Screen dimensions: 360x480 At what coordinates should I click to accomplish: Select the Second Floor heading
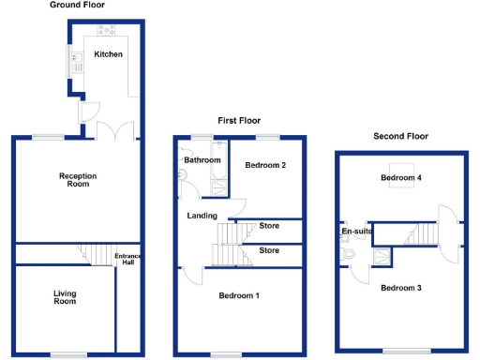click(x=400, y=136)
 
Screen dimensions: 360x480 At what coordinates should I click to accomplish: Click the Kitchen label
click(x=109, y=54)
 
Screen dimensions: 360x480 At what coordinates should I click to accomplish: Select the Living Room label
click(x=64, y=297)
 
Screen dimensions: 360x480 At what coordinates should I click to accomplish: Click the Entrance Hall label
click(x=126, y=260)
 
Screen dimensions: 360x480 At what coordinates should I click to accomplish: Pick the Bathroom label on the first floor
click(x=202, y=160)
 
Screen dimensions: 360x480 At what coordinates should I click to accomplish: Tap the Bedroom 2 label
click(x=265, y=165)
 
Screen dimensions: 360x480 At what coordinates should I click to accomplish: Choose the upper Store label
click(x=269, y=226)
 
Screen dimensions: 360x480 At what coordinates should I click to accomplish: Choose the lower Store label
click(x=269, y=250)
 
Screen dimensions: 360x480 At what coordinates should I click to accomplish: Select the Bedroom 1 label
click(x=239, y=295)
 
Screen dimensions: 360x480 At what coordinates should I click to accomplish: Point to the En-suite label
click(x=357, y=230)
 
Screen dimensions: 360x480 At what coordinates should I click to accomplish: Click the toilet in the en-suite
click(x=348, y=252)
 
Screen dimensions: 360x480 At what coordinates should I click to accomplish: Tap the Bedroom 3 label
click(x=400, y=287)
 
